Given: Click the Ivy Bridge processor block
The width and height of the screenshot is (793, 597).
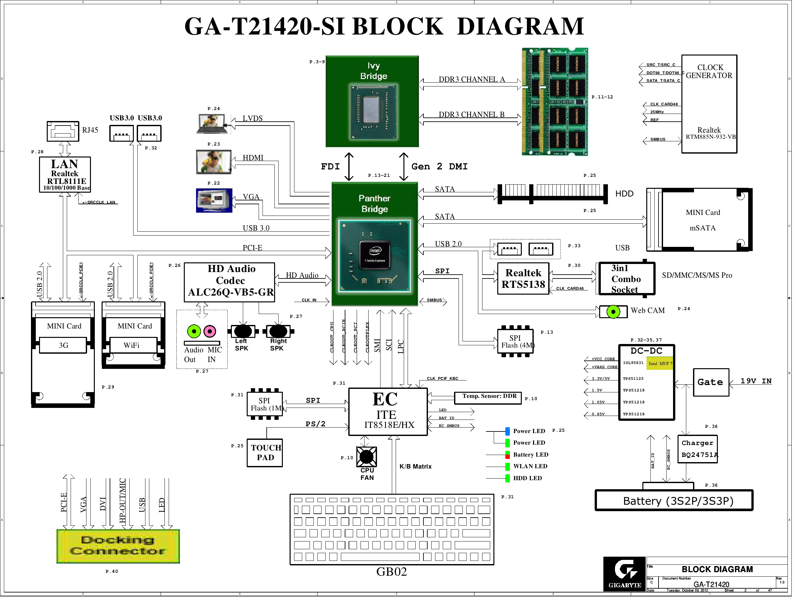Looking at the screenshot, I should point(372,101).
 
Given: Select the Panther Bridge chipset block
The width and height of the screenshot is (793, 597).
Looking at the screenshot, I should point(375,244).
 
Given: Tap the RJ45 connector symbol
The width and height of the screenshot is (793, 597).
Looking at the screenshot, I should point(63,131).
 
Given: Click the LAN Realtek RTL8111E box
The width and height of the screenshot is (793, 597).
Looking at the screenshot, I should point(65,175).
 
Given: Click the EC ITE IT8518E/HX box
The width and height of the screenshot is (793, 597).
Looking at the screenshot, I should point(388,411).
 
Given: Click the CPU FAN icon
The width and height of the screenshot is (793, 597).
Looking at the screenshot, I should point(366,456).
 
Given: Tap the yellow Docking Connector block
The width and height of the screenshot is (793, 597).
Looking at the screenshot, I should point(118,546).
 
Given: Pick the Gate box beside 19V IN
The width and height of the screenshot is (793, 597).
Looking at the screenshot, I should point(710,382).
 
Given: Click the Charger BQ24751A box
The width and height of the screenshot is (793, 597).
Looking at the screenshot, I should point(697,449).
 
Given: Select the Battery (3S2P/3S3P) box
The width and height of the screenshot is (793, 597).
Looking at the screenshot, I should point(674,501).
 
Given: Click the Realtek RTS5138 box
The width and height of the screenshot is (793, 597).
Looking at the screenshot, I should point(523,279).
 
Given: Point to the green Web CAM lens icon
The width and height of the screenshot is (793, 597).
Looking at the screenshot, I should point(613,311).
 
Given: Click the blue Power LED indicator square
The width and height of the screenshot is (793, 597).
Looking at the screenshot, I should point(507,431).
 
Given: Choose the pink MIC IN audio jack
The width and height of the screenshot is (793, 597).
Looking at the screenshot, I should point(210,331).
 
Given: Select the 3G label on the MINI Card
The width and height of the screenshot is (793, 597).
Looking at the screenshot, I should point(63,345).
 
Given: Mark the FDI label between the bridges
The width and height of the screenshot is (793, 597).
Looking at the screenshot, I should point(330,167).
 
